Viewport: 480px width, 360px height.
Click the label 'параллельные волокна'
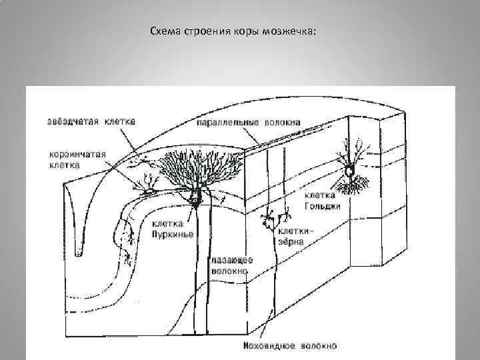pos(248,123)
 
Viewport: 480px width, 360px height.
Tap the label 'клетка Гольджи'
pos(324,201)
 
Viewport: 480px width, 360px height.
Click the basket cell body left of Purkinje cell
pos(151,189)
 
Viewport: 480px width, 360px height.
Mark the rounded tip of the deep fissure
pos(78,253)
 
